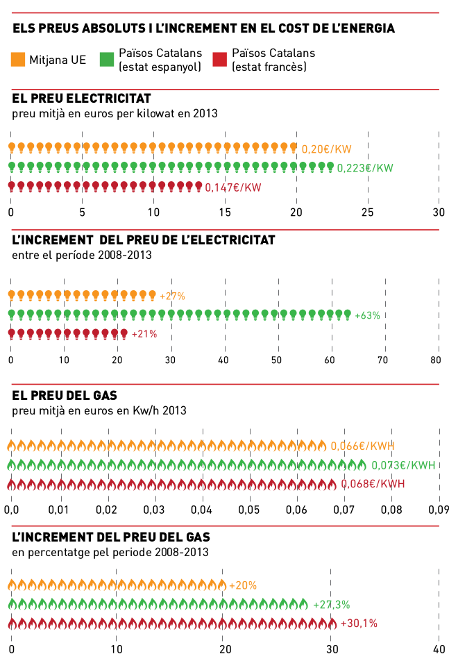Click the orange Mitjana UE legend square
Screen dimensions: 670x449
point(19,60)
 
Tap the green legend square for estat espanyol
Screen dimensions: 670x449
point(107,60)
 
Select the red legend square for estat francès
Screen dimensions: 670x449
point(220,60)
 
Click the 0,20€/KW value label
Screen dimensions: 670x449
point(327,149)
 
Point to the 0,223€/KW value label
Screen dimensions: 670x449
point(365,168)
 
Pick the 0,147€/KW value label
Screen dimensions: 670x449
point(233,187)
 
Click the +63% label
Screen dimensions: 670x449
point(367,315)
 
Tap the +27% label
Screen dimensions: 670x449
point(172,296)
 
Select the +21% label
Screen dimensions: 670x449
point(144,334)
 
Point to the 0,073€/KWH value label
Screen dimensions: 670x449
point(403,465)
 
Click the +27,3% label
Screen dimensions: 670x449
point(332,605)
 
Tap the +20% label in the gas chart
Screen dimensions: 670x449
point(243,585)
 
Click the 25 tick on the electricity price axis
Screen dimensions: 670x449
point(368,212)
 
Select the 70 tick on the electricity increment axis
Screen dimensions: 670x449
point(382,360)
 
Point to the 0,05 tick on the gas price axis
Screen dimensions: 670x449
point(249,510)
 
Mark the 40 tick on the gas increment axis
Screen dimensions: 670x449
point(439,649)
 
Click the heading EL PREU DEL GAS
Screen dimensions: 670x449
point(65,396)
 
